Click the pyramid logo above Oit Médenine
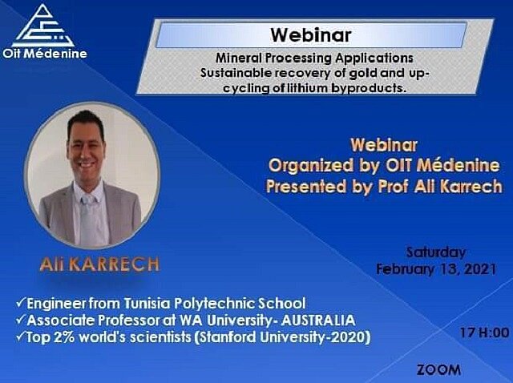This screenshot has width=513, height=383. coord(42,26)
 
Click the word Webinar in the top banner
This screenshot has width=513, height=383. coord(311,35)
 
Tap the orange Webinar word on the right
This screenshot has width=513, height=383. coord(384,145)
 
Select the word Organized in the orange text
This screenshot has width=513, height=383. coord(311,166)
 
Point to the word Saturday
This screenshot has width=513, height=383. coord(436,252)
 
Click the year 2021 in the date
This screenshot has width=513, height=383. coord(480,269)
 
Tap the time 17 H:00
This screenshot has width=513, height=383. coord(484,333)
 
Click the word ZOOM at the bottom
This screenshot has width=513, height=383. coord(438,370)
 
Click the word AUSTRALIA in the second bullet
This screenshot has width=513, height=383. coord(318,321)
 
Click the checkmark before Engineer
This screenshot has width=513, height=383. coord(20,303)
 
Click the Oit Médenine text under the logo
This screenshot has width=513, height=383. coord(45,54)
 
